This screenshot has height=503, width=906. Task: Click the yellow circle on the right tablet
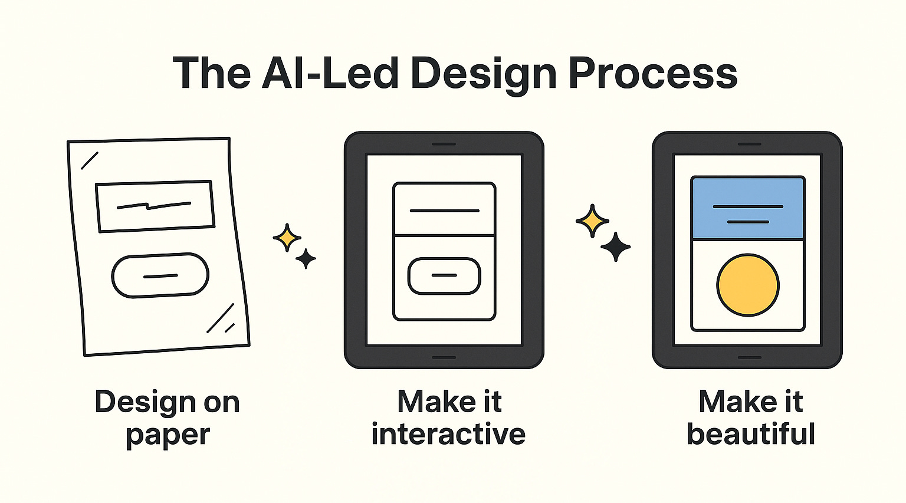click(748, 285)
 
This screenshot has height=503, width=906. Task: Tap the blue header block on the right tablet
click(748, 208)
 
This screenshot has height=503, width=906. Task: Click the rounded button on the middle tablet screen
click(444, 275)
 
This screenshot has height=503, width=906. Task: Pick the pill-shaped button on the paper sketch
click(160, 275)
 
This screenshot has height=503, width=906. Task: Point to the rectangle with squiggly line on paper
click(155, 205)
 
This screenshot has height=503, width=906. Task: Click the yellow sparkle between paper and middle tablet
click(287, 238)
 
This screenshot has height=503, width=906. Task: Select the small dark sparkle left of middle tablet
click(306, 258)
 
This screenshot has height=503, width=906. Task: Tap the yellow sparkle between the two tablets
click(592, 221)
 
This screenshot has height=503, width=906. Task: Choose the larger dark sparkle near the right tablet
click(615, 246)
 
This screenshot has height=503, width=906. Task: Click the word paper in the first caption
click(168, 435)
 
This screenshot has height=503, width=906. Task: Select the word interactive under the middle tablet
click(448, 434)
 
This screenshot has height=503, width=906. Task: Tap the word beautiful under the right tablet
click(751, 434)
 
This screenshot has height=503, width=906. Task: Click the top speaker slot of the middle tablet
click(444, 144)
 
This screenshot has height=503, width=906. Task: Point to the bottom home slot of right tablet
click(749, 357)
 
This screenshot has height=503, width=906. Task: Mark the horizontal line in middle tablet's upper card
click(444, 211)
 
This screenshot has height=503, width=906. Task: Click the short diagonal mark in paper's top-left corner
click(90, 160)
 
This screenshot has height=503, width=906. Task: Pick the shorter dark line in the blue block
click(748, 222)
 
